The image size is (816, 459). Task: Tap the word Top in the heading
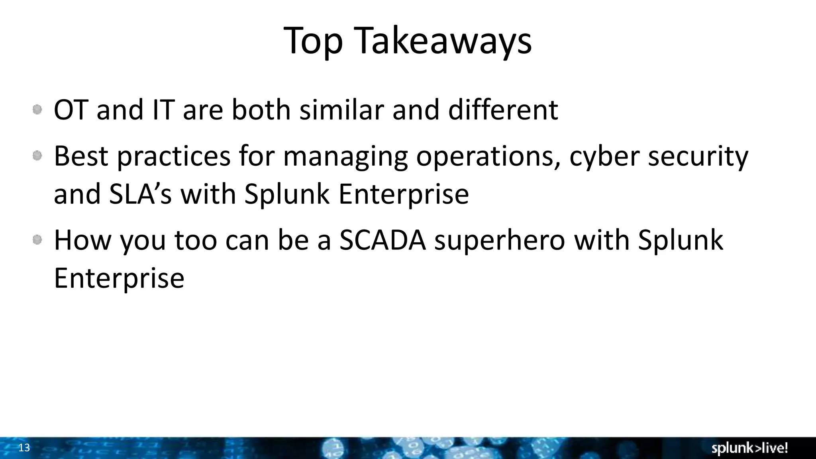click(x=313, y=41)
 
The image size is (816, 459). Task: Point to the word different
click(x=503, y=110)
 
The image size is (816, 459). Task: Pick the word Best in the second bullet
click(x=81, y=156)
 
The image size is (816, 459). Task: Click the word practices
click(x=174, y=156)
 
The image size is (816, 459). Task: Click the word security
click(x=698, y=156)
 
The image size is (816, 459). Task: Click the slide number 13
click(x=24, y=448)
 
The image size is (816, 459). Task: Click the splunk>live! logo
click(x=749, y=448)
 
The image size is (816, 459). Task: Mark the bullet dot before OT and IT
click(x=37, y=110)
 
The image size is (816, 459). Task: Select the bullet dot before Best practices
click(x=37, y=156)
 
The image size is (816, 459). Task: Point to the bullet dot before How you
click(x=37, y=240)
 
